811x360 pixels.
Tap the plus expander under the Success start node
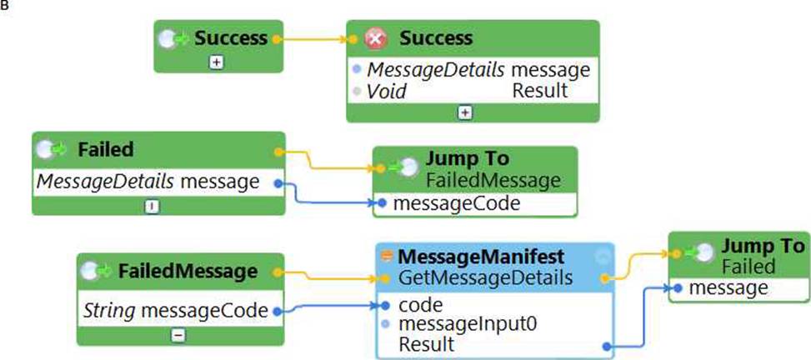216,63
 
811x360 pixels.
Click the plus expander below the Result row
465,112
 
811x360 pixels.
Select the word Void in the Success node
388,91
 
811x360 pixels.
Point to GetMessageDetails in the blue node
486,277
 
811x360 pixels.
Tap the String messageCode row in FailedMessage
175,311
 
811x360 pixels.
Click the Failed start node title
105,149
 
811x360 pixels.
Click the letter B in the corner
4,5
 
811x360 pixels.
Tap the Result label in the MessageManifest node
427,344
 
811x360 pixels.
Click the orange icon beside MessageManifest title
387,255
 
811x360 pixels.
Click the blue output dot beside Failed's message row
278,182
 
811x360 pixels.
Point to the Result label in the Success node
539,91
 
